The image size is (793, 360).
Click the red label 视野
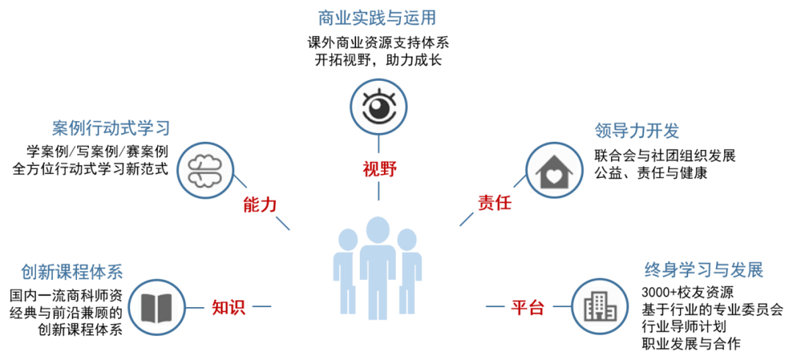coord(379,170)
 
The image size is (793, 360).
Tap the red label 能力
coord(259,205)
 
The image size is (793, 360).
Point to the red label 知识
coord(228,308)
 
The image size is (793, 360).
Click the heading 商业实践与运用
coord(379,17)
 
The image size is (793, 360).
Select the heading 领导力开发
coord(637,132)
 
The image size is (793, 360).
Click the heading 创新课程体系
coord(70,271)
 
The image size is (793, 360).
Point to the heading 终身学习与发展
coord(704,269)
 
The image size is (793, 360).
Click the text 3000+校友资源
coord(682,291)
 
